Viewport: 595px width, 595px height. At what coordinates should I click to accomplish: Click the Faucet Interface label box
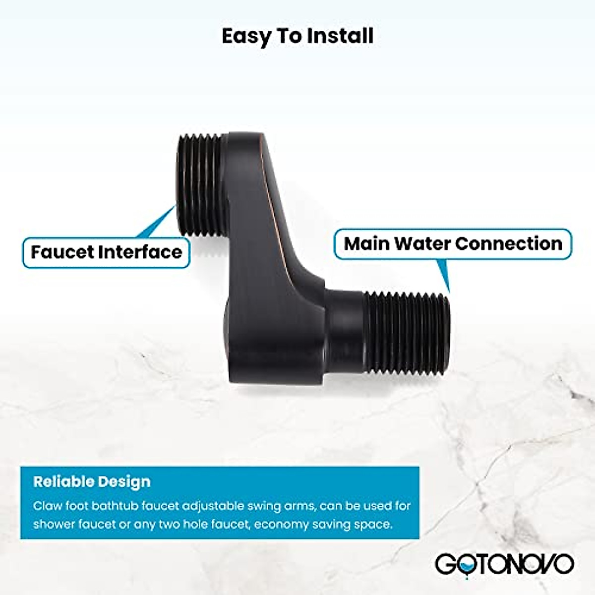106,252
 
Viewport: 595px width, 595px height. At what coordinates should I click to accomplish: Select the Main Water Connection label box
453,243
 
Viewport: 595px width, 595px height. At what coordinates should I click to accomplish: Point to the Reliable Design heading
92,481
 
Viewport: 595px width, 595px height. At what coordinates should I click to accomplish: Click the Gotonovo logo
504,564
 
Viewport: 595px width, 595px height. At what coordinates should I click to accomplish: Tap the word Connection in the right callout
509,243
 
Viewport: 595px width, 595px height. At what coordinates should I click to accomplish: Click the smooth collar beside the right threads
347,328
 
